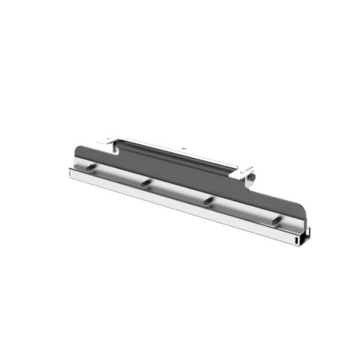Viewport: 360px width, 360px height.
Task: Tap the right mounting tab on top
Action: coord(244,170)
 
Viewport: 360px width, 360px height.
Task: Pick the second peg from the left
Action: coord(147,183)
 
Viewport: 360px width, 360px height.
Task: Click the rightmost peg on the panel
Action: coord(275,219)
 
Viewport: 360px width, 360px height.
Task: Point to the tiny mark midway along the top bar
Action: coord(182,149)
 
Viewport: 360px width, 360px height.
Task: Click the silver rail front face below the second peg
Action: coord(147,195)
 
